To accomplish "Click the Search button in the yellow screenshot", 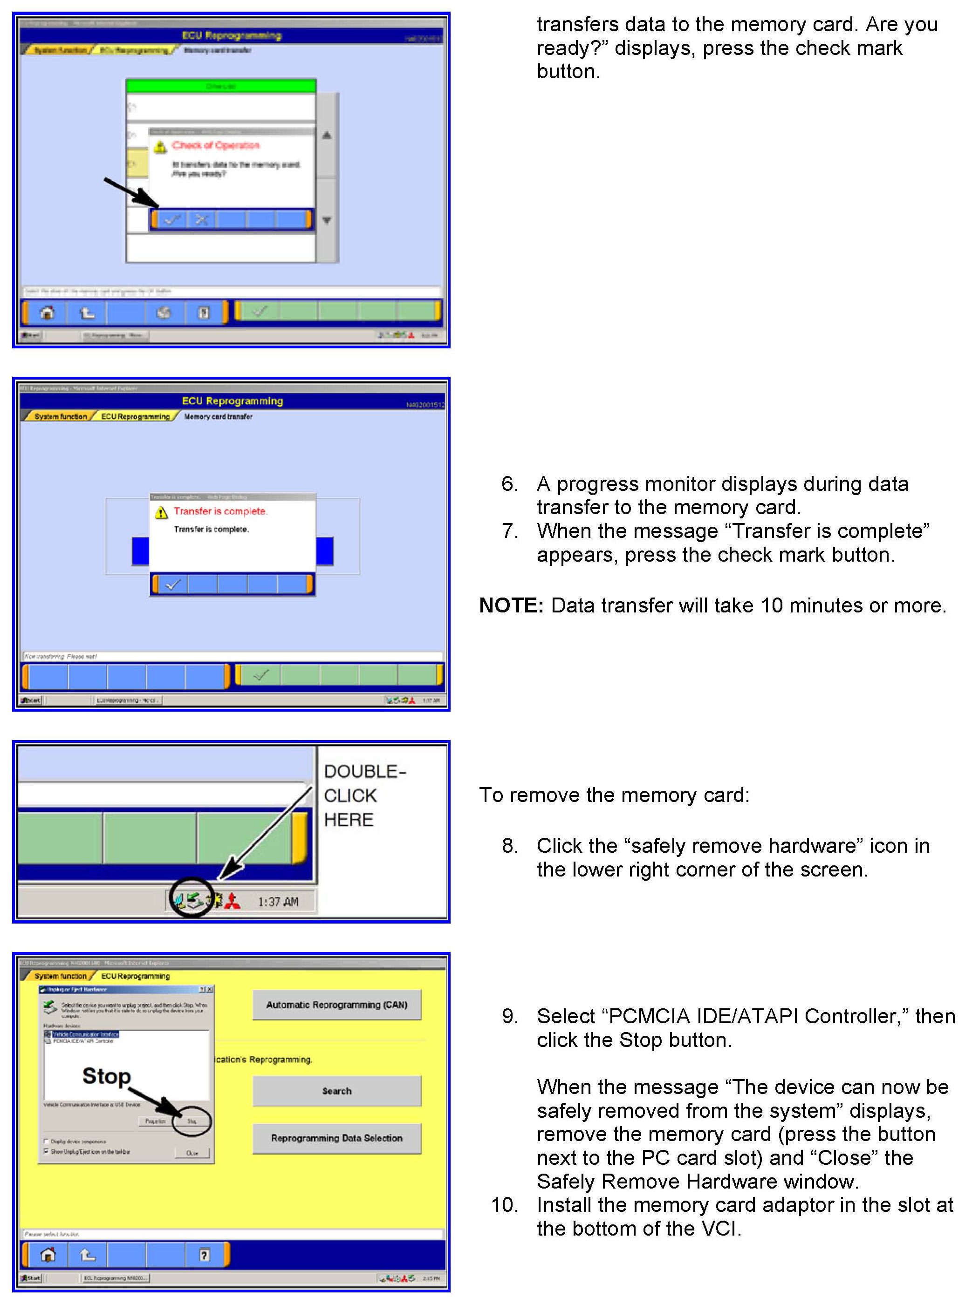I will click(x=336, y=1091).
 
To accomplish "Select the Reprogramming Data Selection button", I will click(x=336, y=1138).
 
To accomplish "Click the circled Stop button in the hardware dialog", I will click(x=192, y=1121).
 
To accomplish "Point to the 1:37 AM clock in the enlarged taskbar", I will click(x=278, y=902).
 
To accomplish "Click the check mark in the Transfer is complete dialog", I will click(x=172, y=584).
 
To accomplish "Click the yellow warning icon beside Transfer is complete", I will click(x=161, y=513).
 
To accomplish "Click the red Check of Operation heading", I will click(x=215, y=145).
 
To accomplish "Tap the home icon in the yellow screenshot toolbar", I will click(x=48, y=1255).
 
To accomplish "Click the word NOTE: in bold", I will click(x=511, y=605).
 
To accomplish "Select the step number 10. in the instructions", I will click(x=504, y=1205).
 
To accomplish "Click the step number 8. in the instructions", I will click(x=509, y=846).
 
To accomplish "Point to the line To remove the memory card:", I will click(x=614, y=795).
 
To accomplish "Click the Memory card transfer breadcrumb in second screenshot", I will click(x=219, y=417).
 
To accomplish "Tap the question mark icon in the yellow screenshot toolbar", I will click(x=204, y=1255).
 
